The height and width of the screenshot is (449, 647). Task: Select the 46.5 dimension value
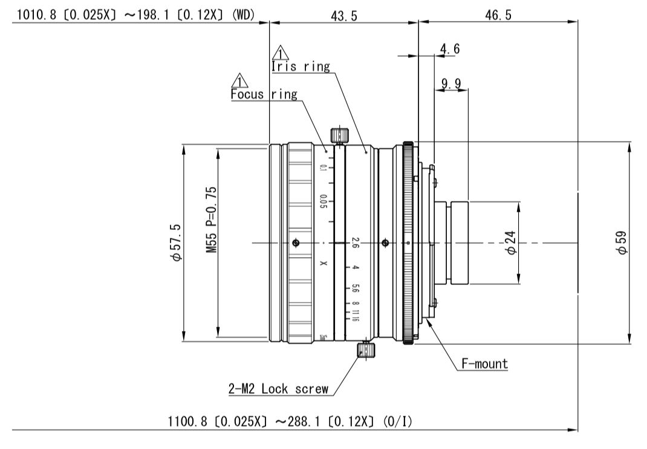tap(498, 16)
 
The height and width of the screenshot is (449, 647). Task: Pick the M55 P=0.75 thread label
tap(212, 219)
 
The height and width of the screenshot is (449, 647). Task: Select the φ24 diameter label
tap(511, 243)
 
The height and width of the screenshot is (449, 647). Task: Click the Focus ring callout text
tap(264, 94)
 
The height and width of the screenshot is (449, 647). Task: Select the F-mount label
tap(484, 364)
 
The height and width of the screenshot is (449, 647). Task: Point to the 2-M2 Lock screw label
tap(279, 389)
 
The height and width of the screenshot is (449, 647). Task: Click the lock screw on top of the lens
tap(339, 136)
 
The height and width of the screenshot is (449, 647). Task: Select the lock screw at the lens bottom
tap(365, 350)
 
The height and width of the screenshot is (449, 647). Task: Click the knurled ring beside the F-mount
tap(408, 243)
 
